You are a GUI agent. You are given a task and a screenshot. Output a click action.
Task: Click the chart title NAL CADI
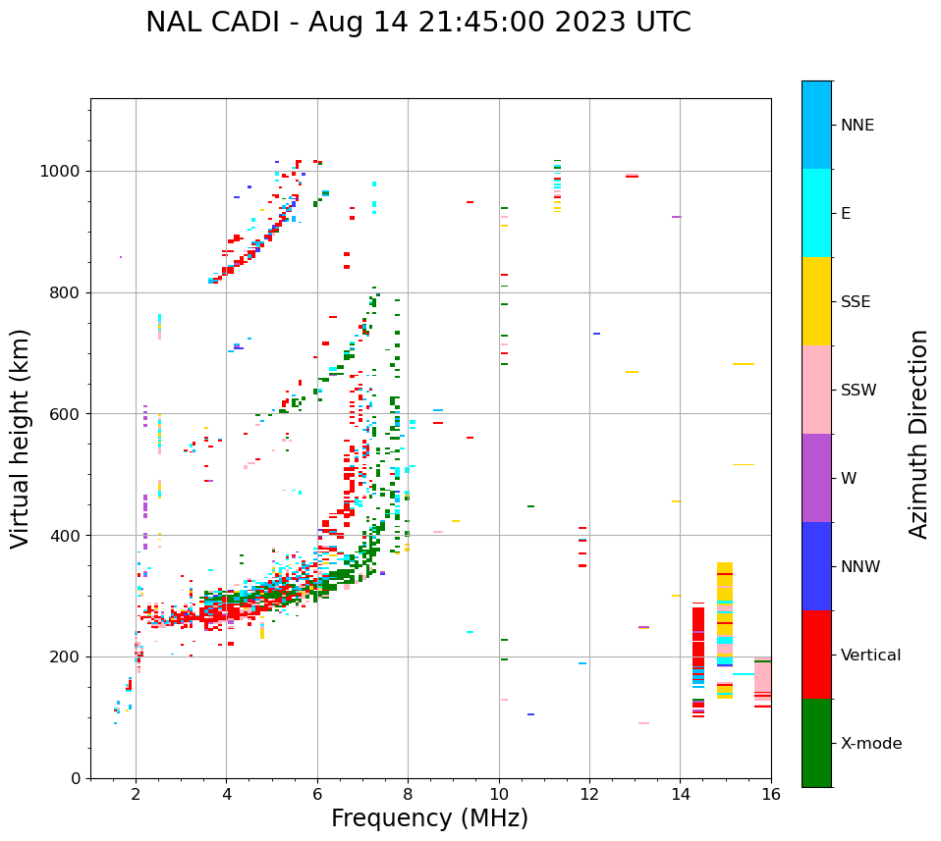click(417, 23)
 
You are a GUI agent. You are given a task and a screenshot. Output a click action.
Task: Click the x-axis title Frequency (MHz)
click(429, 818)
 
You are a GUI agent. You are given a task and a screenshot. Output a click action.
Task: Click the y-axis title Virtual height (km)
click(21, 439)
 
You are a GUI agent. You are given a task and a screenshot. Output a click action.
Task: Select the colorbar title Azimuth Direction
click(918, 434)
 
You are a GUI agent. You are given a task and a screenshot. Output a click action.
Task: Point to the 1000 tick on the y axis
click(66, 172)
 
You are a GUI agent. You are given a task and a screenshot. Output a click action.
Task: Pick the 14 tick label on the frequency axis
click(680, 795)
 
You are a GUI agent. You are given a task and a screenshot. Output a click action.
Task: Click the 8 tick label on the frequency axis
click(408, 795)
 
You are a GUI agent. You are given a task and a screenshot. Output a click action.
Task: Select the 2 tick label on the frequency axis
click(136, 795)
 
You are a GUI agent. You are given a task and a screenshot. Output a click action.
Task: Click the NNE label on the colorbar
click(857, 126)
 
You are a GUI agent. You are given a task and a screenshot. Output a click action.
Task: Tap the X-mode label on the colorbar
click(870, 744)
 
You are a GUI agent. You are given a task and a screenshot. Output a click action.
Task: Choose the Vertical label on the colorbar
click(870, 656)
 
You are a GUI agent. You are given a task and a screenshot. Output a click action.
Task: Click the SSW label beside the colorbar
click(858, 391)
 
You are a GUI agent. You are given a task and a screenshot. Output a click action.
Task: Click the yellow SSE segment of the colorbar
click(816, 301)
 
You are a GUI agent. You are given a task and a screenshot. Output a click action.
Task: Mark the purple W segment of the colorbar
click(816, 478)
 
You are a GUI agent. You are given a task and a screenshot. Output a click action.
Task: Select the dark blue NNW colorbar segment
click(816, 566)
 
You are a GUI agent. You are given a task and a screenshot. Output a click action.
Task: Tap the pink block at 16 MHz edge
click(762, 677)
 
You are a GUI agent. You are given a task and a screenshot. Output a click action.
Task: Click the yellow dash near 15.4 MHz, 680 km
click(744, 364)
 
